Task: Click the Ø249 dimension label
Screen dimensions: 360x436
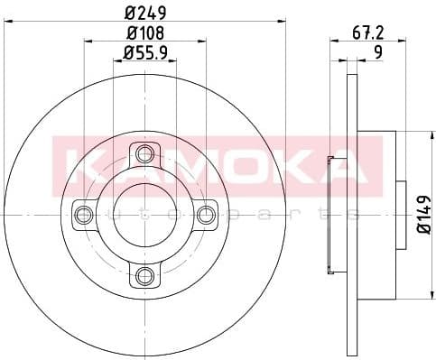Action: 144,12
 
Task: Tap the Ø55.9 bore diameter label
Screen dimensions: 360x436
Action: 146,53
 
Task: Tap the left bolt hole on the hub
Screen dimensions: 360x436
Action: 84,214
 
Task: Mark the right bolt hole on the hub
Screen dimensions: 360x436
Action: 206,214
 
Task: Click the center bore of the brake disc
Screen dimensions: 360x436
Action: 144,214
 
